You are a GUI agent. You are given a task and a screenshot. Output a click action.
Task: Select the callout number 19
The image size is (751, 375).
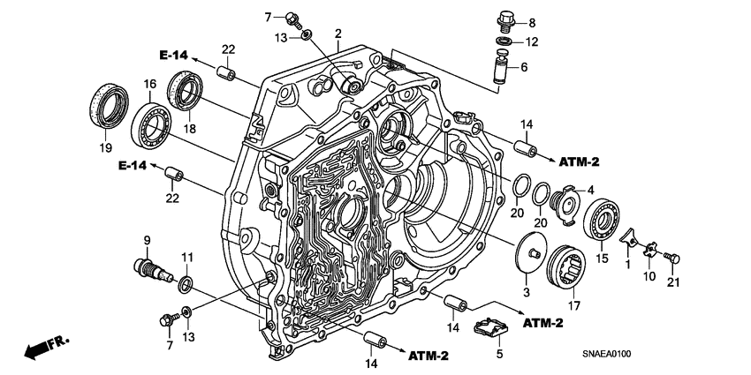(105, 146)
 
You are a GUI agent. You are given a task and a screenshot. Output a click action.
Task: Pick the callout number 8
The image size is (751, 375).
(531, 23)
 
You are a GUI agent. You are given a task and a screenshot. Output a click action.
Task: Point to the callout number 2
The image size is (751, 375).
(338, 34)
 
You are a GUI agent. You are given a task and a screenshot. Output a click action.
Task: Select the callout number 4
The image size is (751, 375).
(591, 188)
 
